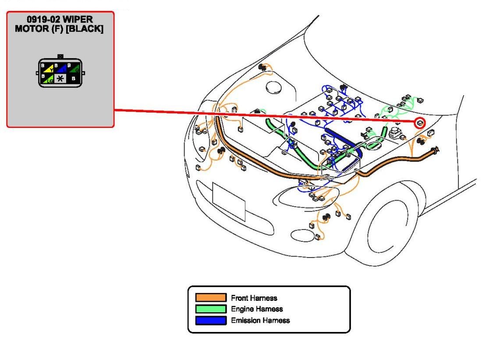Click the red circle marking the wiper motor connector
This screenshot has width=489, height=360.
click(x=420, y=123)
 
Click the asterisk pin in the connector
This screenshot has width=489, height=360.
click(x=60, y=79)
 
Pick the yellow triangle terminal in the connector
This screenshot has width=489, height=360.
click(x=50, y=69)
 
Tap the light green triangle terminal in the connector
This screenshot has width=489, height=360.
click(x=49, y=80)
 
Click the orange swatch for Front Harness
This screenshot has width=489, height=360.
click(x=211, y=298)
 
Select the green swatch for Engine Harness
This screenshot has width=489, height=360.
click(x=211, y=309)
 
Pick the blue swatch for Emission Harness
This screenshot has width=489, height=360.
click(x=211, y=320)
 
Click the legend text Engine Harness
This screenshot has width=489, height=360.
click(x=257, y=309)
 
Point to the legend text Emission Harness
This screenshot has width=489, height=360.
click(x=260, y=320)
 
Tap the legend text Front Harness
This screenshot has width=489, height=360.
click(x=254, y=298)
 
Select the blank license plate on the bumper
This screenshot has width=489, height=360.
click(x=229, y=201)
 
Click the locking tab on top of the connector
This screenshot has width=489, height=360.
click(x=60, y=56)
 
